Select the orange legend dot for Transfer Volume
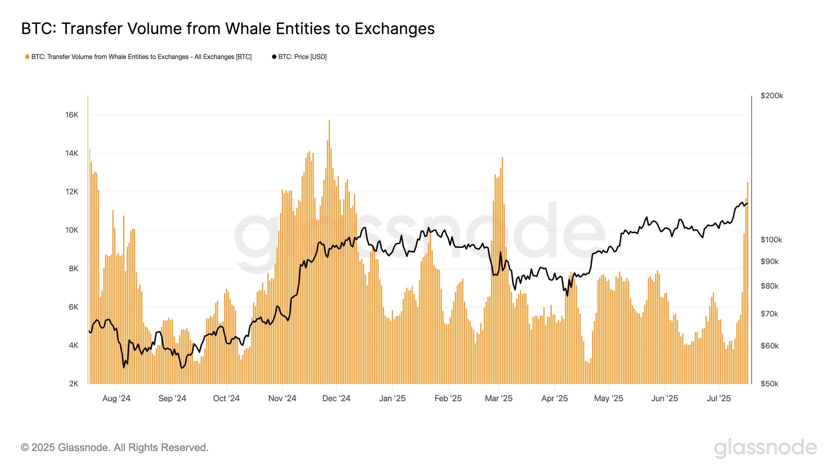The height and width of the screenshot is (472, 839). pos(27,57)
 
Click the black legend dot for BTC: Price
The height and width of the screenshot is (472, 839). pos(274,57)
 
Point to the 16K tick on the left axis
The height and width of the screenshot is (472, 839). pos(72,115)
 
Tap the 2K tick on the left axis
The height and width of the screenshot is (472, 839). pos(73,383)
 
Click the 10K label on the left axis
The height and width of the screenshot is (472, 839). pos(72,230)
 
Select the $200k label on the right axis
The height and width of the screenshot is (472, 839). pos(771,96)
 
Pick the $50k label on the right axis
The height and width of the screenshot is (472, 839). pos(769,383)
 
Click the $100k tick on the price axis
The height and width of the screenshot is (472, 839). pos(771,240)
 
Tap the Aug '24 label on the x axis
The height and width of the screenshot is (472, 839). pos(116,398)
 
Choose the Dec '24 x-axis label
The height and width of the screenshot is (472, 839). pos(336,398)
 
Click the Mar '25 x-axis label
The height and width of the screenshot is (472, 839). pos(498,398)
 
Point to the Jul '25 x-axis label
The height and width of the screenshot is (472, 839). pos(719,398)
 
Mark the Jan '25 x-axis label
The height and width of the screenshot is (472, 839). pos(392,398)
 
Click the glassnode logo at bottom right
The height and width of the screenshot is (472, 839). pos(765,448)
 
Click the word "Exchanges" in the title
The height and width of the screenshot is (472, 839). pos(395,29)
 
